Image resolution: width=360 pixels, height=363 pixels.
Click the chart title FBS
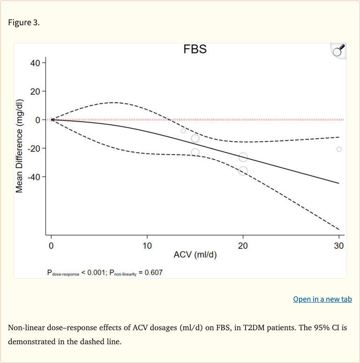195,49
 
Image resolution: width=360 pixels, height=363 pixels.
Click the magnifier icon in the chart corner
338,51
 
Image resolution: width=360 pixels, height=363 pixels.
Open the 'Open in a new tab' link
322,299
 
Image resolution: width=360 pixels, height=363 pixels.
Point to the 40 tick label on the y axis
35,62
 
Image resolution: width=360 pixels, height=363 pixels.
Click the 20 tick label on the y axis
35,91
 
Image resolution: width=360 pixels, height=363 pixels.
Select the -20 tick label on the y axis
34,148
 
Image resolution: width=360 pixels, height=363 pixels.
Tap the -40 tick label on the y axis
34,177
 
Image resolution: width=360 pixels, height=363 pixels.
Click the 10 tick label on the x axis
147,246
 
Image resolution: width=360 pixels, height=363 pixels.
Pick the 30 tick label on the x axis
338,246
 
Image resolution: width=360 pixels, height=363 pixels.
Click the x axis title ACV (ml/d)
195,255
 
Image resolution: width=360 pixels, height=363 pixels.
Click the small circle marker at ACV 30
339,149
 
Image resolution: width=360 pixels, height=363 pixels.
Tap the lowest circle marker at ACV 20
243,171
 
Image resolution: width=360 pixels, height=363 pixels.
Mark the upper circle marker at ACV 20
243,157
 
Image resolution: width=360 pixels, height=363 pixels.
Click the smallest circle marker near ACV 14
183,131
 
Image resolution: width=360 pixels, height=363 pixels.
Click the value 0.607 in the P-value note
153,272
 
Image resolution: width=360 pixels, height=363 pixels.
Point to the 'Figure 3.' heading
24,22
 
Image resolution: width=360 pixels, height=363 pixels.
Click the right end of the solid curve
338,183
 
